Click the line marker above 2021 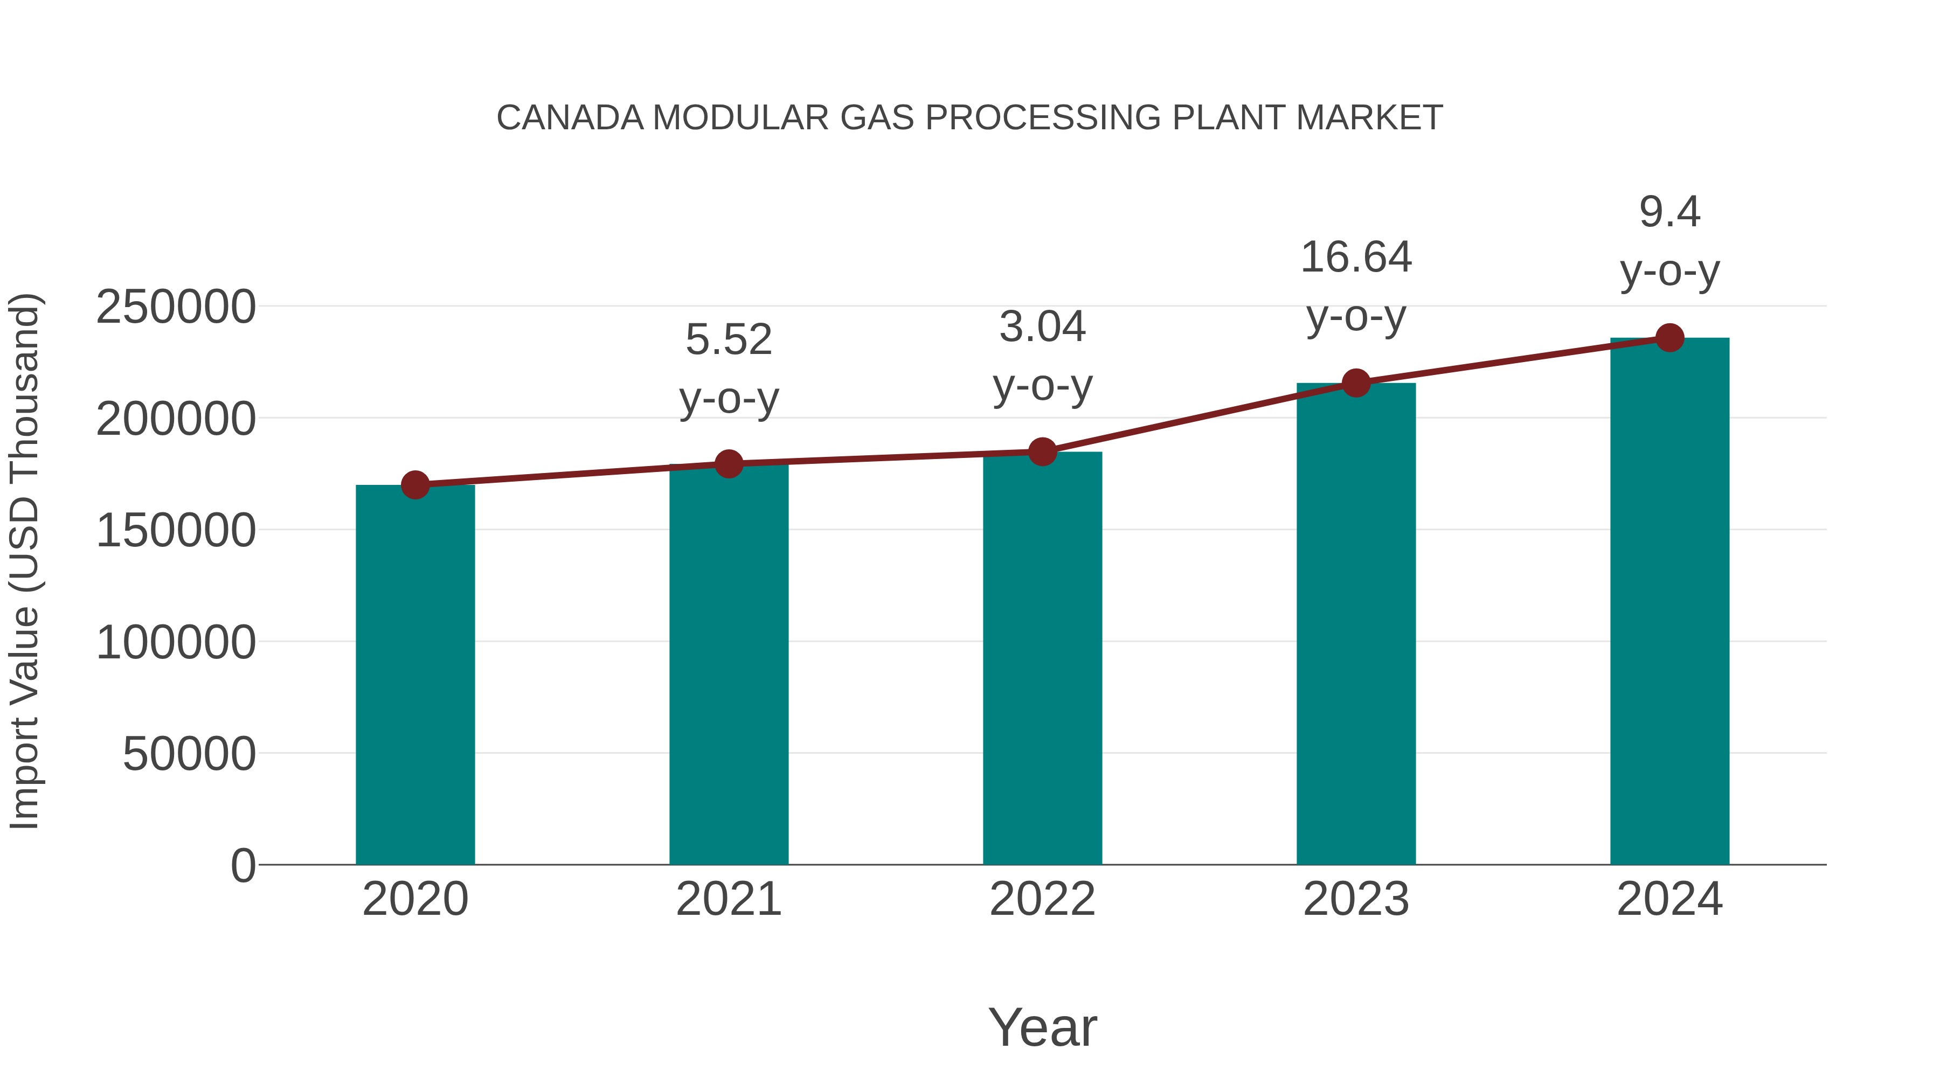pos(728,464)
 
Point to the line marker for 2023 pos(1356,383)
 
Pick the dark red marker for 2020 pos(415,485)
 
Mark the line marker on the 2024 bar pos(1669,338)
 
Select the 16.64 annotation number pos(1356,258)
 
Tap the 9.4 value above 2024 pos(1669,212)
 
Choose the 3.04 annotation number pos(1042,328)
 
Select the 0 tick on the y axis pos(242,865)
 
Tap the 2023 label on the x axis pos(1356,899)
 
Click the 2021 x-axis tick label pos(728,899)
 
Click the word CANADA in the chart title pos(570,118)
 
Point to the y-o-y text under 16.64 pos(1356,316)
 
